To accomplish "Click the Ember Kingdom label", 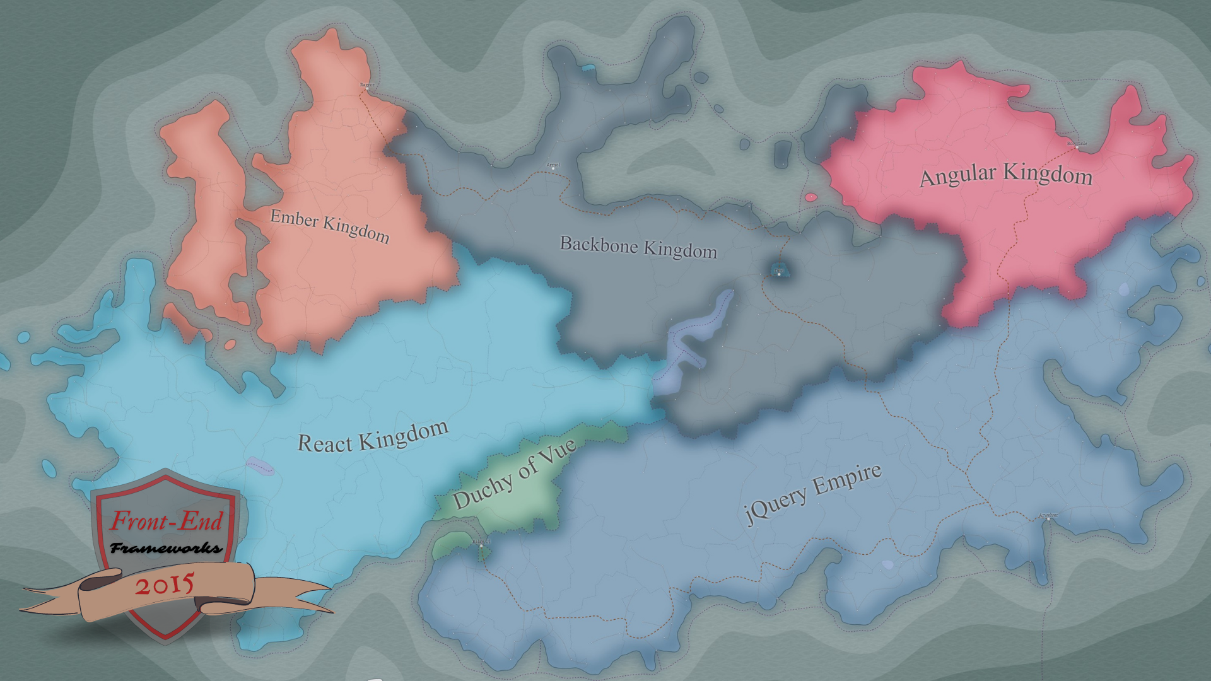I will click(x=329, y=226).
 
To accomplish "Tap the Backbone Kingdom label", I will click(x=638, y=247).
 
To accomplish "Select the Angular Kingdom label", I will click(x=1005, y=175).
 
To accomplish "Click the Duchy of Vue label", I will click(x=514, y=474).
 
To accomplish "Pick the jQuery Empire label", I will click(x=814, y=494).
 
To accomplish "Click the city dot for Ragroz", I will click(x=366, y=90).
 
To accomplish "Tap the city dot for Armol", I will click(x=553, y=169).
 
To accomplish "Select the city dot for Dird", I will click(x=779, y=274).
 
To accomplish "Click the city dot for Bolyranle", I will click(x=1077, y=148).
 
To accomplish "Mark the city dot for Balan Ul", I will click(x=481, y=545).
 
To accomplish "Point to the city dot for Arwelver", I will click(x=1048, y=519).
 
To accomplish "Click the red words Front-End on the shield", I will click(x=167, y=521).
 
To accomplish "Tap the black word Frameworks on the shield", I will click(x=167, y=548).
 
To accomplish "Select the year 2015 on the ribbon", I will click(x=164, y=586).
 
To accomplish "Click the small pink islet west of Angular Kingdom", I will click(x=810, y=197).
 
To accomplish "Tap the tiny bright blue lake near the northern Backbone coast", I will click(x=588, y=67).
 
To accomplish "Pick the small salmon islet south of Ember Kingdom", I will click(x=230, y=345).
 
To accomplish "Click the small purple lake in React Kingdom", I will click(x=260, y=466).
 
